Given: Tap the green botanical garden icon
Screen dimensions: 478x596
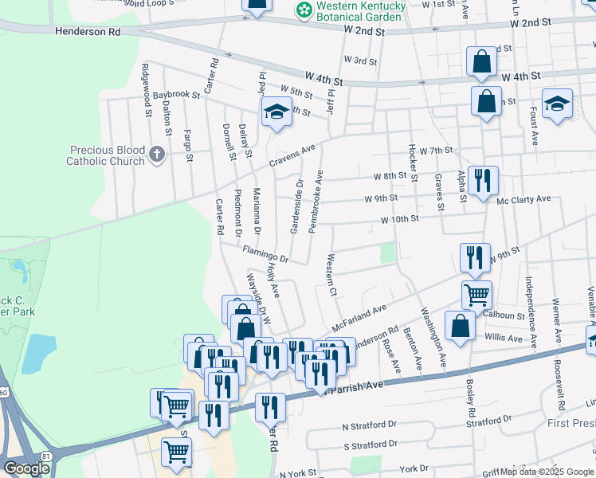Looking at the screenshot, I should click(303, 10).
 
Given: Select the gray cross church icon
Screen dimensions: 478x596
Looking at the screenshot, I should click(157, 154).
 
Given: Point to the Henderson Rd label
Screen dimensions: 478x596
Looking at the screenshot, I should click(88, 32).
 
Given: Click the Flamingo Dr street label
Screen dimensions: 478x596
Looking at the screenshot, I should click(265, 253).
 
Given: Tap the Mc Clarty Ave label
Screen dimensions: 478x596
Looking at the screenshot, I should click(524, 199).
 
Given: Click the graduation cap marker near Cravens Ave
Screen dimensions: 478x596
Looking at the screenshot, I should click(276, 113).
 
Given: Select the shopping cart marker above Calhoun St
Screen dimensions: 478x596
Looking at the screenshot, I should click(476, 295).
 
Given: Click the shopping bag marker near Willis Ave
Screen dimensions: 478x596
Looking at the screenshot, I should click(460, 326).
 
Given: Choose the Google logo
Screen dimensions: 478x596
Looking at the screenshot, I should click(26, 468).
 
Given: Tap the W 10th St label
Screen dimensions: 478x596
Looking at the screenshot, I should click(399, 219).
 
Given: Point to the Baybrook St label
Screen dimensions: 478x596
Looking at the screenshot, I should click(176, 95).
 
